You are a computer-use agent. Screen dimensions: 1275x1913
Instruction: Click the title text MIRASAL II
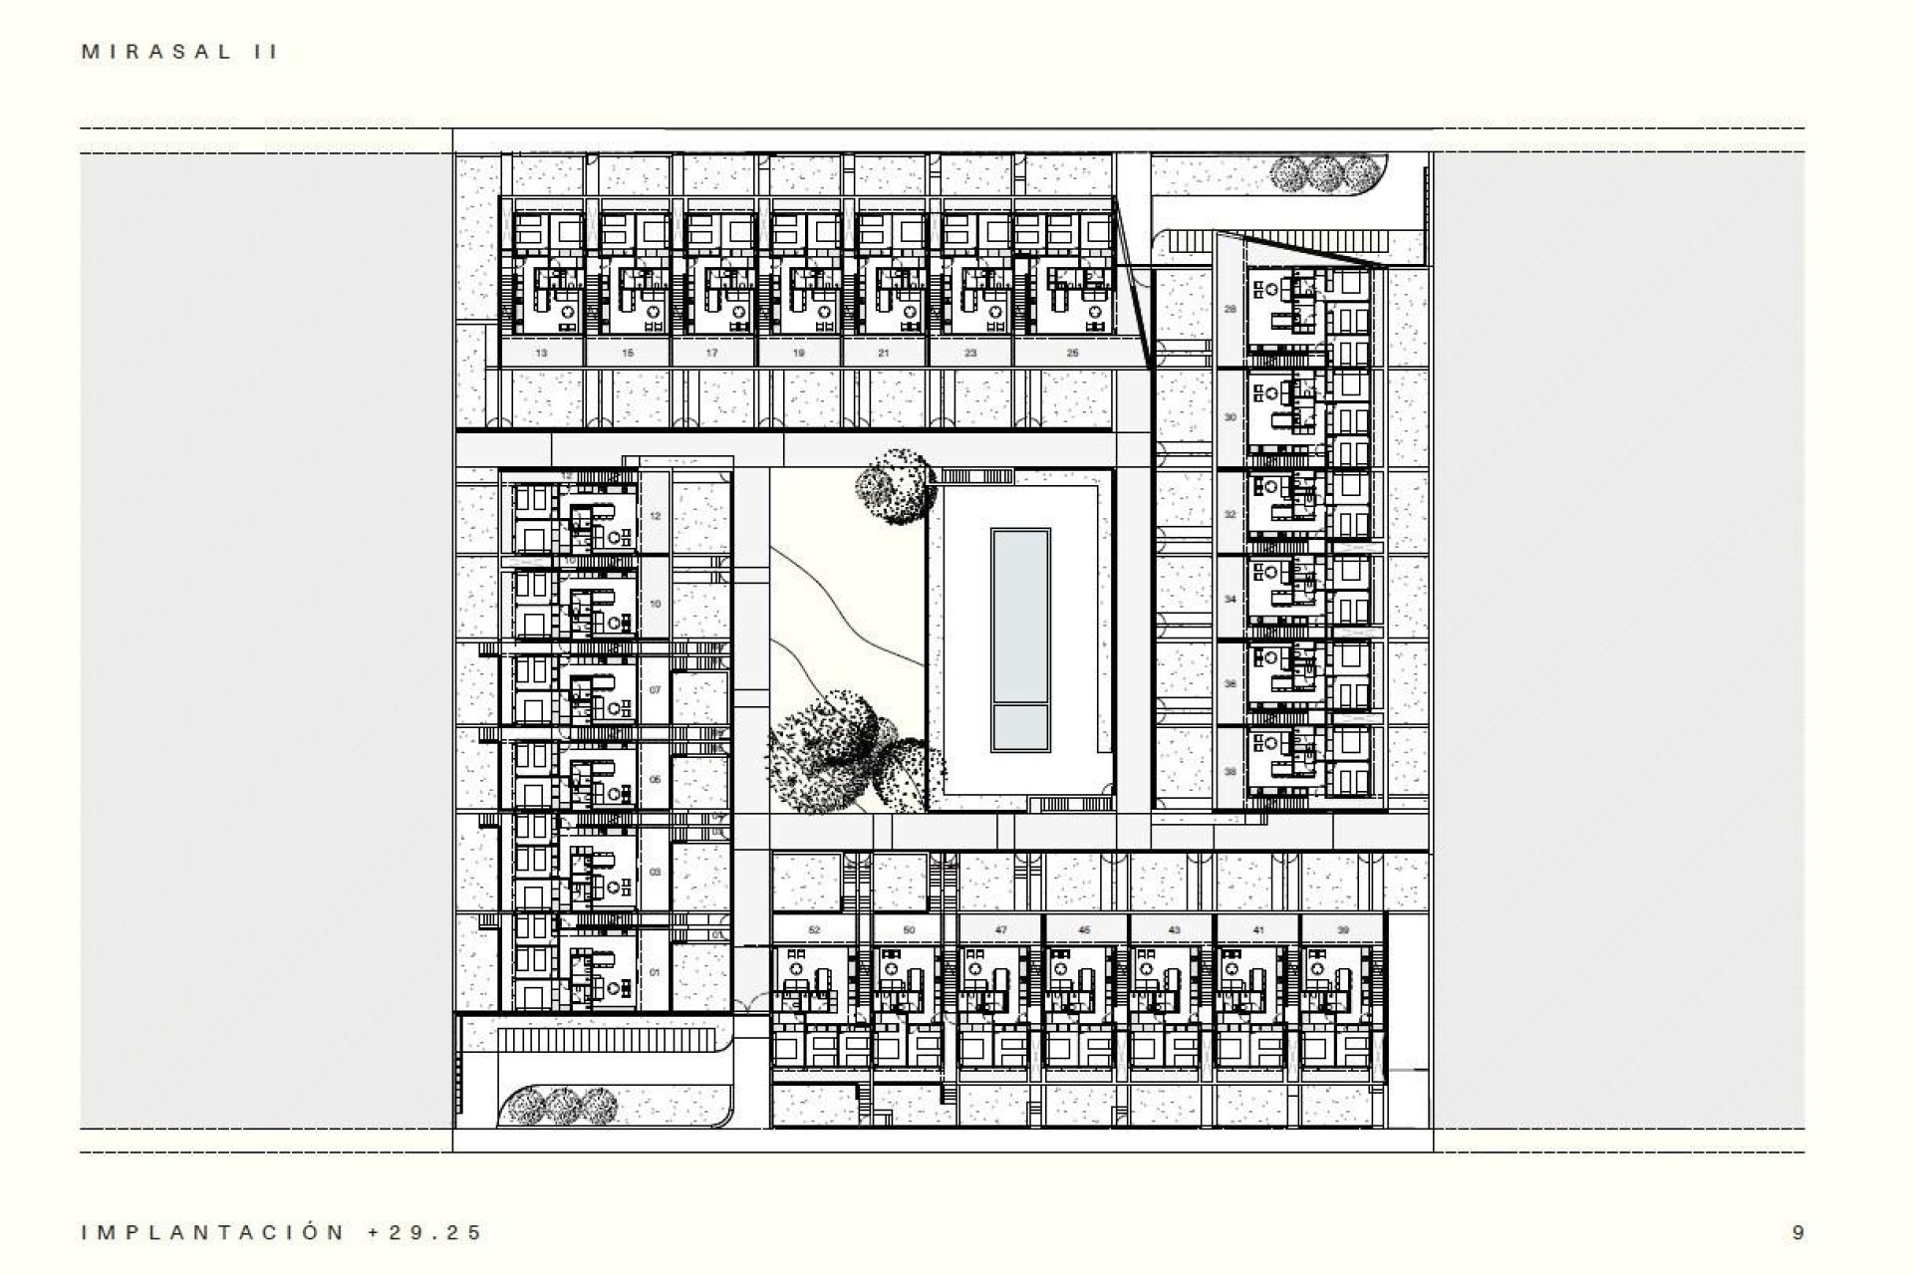180,53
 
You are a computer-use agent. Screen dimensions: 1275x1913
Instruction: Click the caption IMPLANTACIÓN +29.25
282,1232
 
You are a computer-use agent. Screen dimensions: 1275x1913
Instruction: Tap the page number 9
1797,1232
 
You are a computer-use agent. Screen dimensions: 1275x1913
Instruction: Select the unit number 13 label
541,353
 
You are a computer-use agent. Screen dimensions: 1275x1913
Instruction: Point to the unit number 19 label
799,353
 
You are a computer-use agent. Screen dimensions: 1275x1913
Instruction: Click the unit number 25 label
1072,353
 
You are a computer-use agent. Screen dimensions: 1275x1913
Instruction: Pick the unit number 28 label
1230,309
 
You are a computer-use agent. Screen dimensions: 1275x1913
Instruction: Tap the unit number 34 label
1230,600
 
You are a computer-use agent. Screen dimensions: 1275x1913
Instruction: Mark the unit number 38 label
1230,772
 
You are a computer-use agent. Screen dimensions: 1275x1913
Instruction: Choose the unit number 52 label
814,930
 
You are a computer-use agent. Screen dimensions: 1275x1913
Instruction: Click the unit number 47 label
1000,930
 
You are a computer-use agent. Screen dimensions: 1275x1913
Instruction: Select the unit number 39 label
1342,930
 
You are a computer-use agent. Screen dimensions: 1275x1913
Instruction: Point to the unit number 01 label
655,972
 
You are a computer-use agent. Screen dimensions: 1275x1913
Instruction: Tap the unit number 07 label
655,690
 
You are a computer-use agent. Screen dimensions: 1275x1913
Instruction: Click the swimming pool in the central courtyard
1020,639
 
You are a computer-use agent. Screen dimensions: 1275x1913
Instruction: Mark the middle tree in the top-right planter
1324,174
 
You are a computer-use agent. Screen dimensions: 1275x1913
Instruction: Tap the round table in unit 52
796,969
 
